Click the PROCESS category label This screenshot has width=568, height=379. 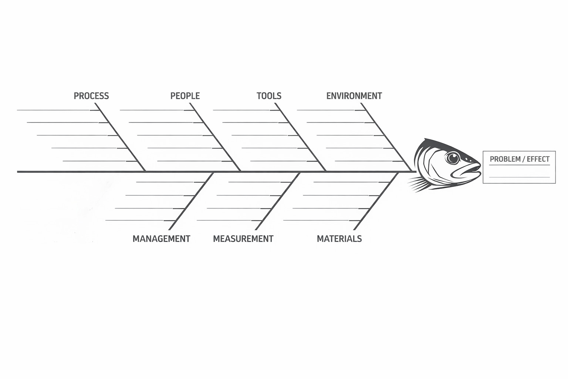91,96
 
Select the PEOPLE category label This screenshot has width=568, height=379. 185,96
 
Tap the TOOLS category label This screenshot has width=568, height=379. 269,96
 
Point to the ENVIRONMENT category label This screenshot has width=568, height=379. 354,96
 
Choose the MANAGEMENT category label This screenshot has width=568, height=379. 161,239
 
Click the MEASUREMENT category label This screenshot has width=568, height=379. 243,239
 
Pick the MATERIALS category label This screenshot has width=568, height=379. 339,239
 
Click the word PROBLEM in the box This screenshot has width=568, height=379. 505,159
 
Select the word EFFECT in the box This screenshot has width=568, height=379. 538,159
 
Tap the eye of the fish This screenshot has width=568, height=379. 452,158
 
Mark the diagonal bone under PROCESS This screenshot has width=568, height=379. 120,137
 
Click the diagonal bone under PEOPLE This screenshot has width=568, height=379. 216,137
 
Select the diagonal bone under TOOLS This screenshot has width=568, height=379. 300,137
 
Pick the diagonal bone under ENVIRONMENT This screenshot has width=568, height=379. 386,137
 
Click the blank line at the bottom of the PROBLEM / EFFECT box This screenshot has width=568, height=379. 519,177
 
